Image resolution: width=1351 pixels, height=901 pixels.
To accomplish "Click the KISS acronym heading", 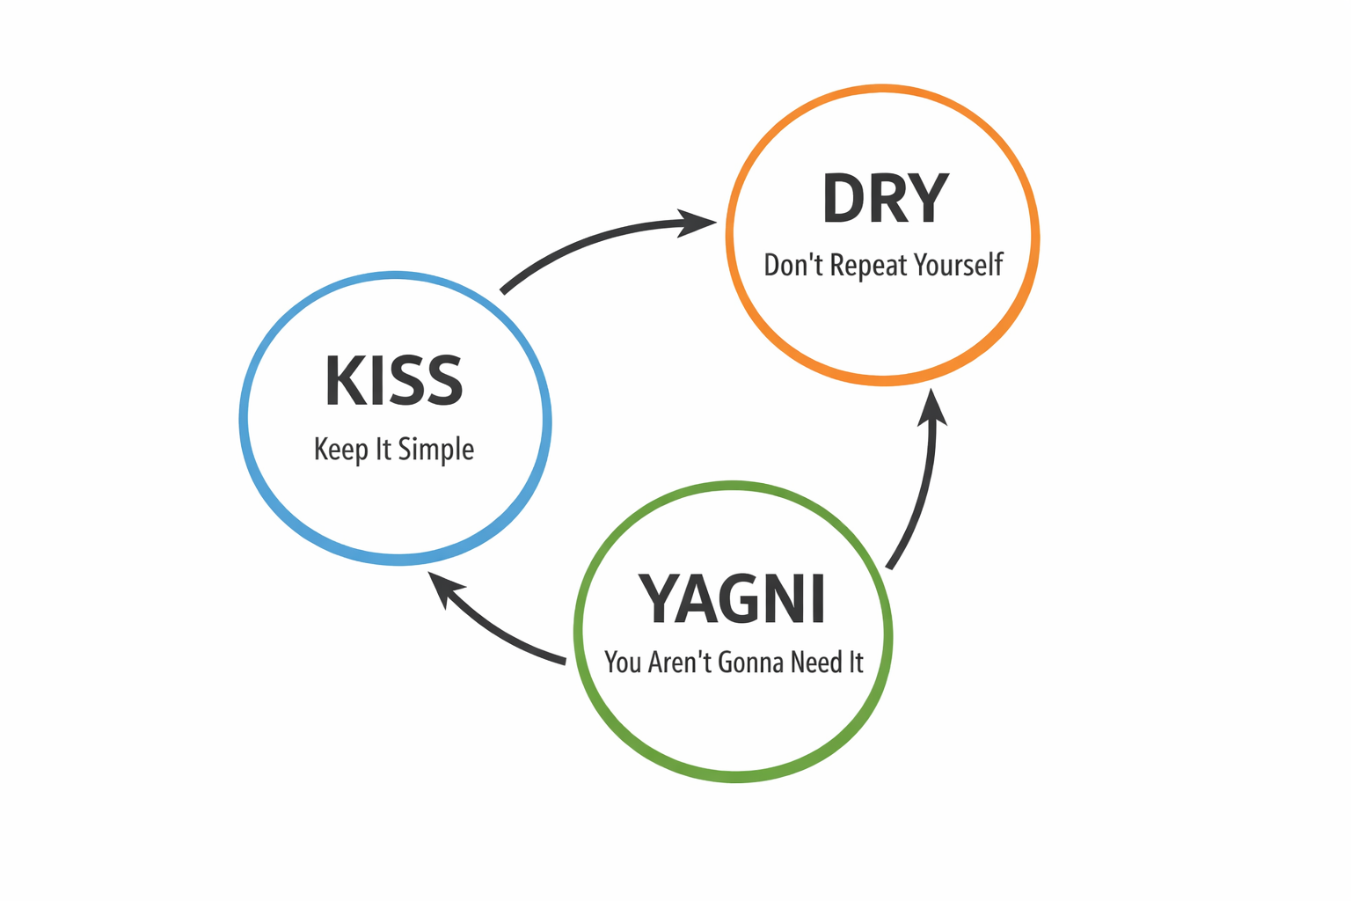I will [393, 381].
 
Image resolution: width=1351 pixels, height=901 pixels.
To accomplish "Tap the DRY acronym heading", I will [885, 199].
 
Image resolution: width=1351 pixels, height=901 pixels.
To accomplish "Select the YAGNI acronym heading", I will [732, 600].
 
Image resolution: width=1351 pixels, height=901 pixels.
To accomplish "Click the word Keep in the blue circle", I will [341, 450].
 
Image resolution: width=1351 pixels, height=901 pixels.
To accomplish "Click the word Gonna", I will [750, 662].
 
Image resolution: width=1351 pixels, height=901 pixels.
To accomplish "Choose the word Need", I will [816, 662].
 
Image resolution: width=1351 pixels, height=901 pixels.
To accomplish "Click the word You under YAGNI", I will [623, 662].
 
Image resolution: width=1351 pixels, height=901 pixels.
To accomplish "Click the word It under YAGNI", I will [855, 662].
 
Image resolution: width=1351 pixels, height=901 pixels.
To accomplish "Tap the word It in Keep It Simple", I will [383, 450].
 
